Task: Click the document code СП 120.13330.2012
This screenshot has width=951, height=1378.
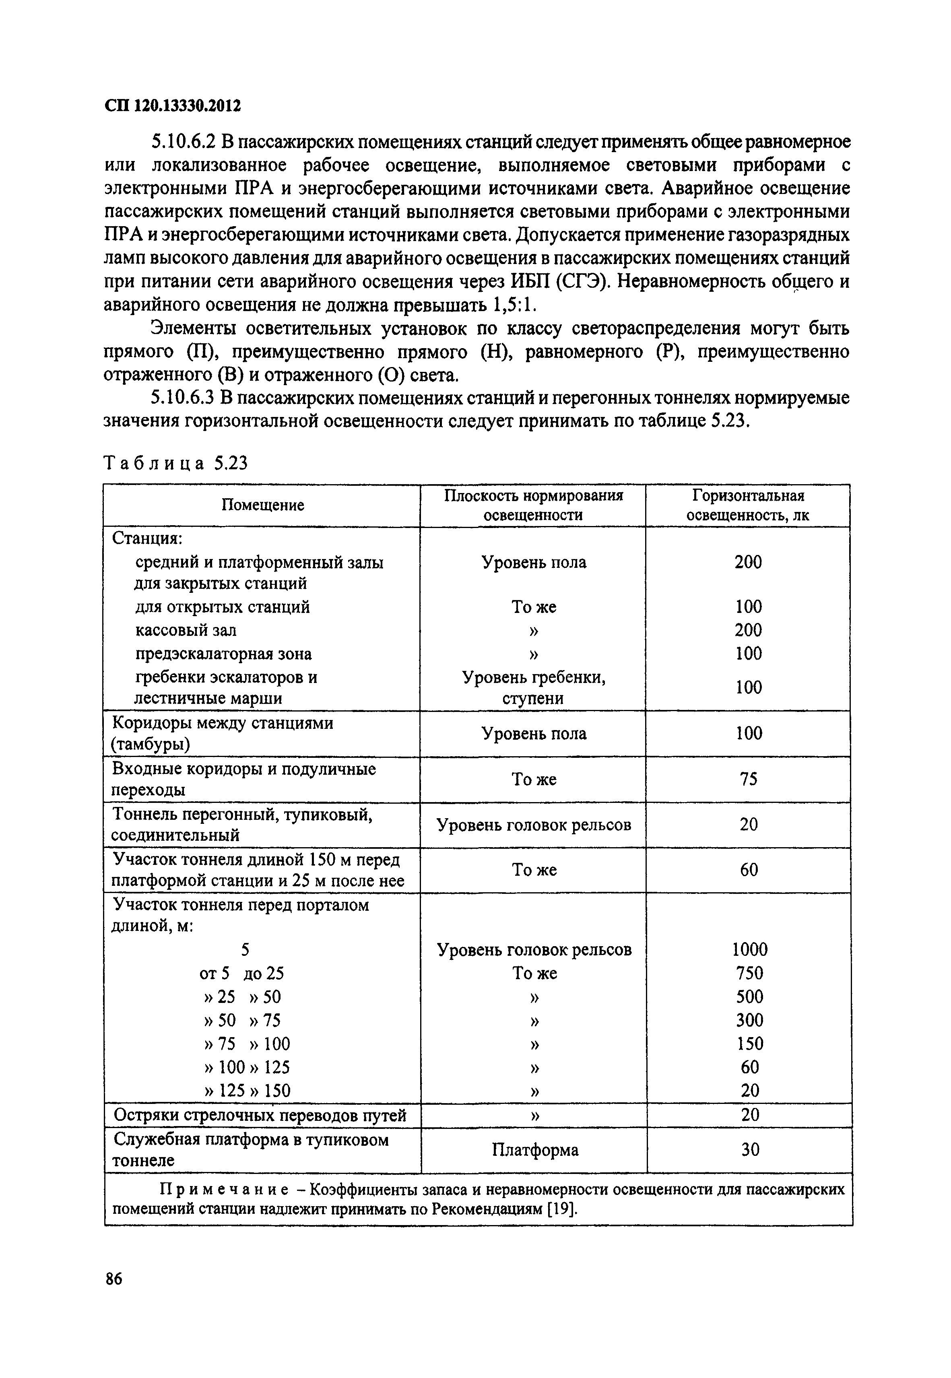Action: click(x=172, y=106)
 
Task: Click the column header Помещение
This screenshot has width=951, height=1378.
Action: click(x=263, y=505)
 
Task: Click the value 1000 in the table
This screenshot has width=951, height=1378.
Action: click(x=750, y=949)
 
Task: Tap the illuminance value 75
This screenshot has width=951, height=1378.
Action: click(x=749, y=779)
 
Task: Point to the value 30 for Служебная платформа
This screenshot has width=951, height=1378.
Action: click(x=750, y=1149)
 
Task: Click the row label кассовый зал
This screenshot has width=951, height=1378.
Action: click(x=186, y=630)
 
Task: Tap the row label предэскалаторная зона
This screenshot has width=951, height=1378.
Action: click(x=223, y=654)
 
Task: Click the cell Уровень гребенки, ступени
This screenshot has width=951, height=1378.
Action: click(x=534, y=687)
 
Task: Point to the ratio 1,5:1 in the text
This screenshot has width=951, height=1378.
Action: click(x=516, y=305)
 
